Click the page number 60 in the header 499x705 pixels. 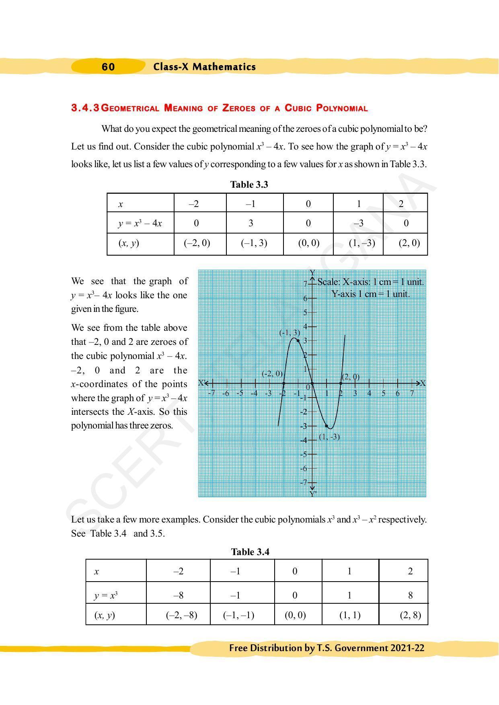[x=108, y=67]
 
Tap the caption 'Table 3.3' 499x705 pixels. [x=249, y=184]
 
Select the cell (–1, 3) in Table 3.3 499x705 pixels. [x=254, y=243]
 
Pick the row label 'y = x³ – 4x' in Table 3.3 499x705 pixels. [x=140, y=223]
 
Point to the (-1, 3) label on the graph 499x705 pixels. [x=290, y=333]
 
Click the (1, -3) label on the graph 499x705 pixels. [x=329, y=437]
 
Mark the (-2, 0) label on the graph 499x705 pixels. [x=272, y=374]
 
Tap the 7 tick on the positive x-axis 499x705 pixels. [x=412, y=393]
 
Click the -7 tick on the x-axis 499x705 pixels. [x=212, y=393]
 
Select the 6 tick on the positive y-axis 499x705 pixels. [x=305, y=298]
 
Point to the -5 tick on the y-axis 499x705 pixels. [x=304, y=454]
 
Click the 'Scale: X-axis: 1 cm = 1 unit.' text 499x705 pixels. [x=370, y=282]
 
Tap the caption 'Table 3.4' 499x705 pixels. [x=250, y=552]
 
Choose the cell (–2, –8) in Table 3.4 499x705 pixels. [x=181, y=615]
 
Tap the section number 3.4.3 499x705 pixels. [x=85, y=108]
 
